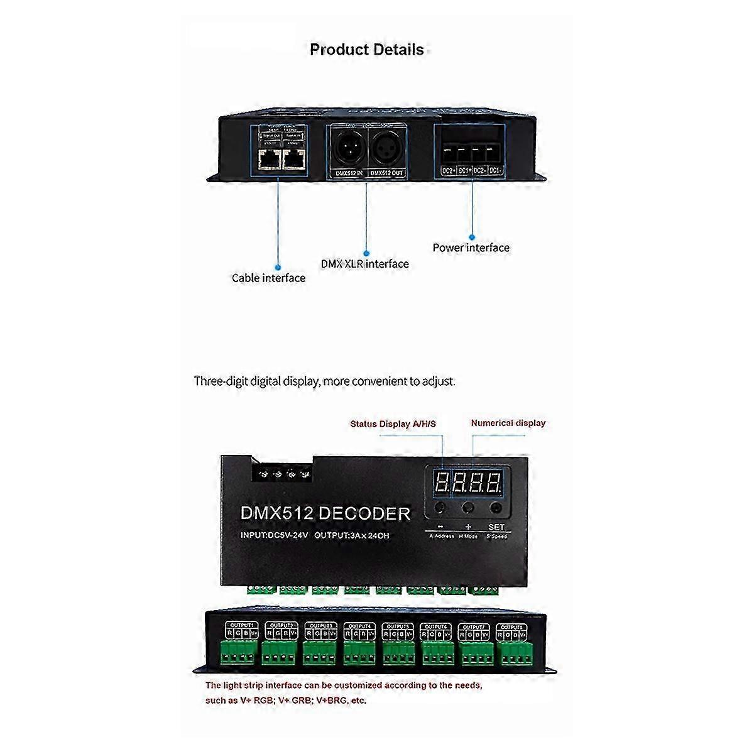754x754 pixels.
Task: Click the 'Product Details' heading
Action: [367, 50]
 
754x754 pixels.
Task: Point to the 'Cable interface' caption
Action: [268, 278]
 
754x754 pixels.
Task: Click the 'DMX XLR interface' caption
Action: [364, 264]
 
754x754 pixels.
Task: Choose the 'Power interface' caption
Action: [471, 248]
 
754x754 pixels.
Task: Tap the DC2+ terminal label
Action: [448, 170]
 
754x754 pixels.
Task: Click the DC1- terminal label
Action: [495, 170]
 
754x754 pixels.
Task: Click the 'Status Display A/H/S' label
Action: [393, 424]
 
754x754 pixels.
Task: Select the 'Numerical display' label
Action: [508, 423]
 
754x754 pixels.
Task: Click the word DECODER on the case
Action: [364, 513]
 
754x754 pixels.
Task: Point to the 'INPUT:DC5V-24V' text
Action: [274, 535]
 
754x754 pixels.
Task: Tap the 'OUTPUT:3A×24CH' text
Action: [352, 535]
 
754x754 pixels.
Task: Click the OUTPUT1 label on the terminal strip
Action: [242, 626]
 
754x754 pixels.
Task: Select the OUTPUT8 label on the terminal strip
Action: [512, 627]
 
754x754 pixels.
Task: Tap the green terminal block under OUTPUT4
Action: [359, 653]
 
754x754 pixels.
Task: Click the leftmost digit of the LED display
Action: [442, 483]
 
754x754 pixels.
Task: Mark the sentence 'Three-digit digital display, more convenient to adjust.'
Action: [324, 381]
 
